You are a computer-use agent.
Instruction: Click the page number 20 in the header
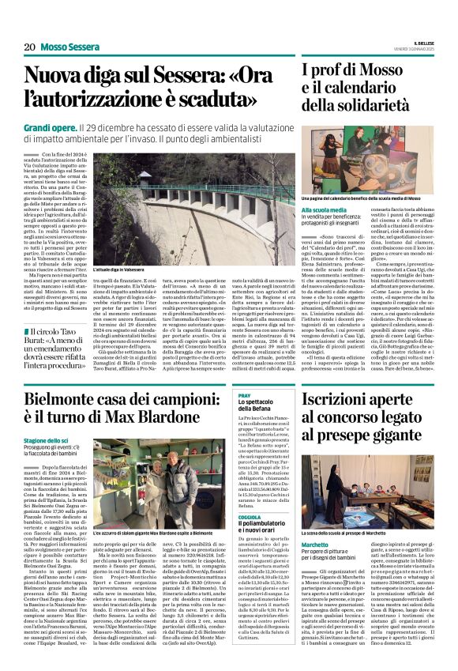tap(28, 47)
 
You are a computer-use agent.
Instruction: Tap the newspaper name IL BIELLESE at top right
tap(420, 43)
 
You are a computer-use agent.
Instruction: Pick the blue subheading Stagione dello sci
tap(47, 441)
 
